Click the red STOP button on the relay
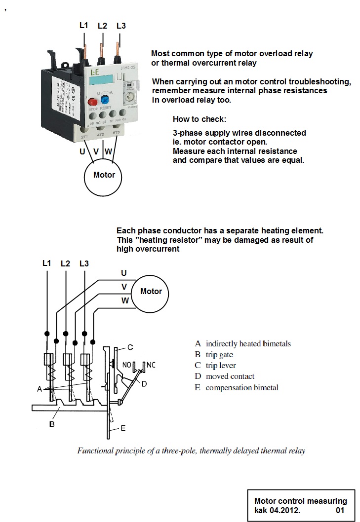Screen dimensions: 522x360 pyautogui.click(x=92, y=102)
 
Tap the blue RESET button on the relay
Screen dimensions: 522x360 pyautogui.click(x=105, y=100)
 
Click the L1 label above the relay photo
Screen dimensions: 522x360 pyautogui.click(x=83, y=25)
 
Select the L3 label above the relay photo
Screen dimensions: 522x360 pyautogui.click(x=121, y=26)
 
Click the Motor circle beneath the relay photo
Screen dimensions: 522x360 pyautogui.click(x=104, y=175)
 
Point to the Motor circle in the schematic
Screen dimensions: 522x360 pyautogui.click(x=151, y=292)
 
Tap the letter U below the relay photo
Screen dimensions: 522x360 pyautogui.click(x=82, y=152)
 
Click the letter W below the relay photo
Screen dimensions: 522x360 pyautogui.click(x=108, y=152)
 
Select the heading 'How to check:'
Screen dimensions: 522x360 pyautogui.click(x=199, y=119)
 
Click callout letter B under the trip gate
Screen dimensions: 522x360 pyautogui.click(x=52, y=424)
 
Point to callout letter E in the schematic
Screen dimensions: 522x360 pyautogui.click(x=123, y=428)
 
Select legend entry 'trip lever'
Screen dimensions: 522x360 pyautogui.click(x=221, y=366)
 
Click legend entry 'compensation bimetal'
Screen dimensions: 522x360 pyautogui.click(x=241, y=388)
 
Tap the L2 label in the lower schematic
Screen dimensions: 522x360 pyautogui.click(x=65, y=263)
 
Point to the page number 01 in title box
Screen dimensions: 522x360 pyautogui.click(x=340, y=510)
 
